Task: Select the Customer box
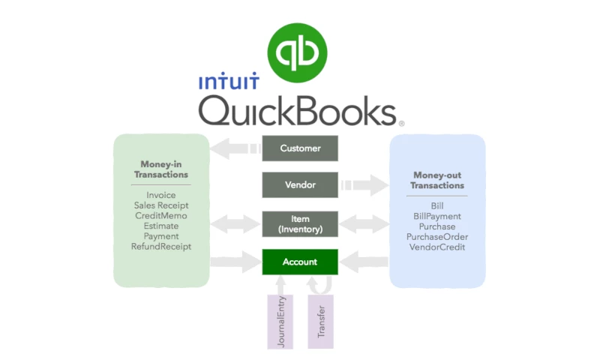pos(300,148)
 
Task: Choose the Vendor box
pos(300,184)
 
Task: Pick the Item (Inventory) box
pos(300,223)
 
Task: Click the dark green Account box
pos(300,262)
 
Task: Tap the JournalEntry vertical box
pos(278,322)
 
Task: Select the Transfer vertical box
pos(321,322)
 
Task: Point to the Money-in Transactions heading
pos(160,169)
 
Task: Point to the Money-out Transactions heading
pos(438,180)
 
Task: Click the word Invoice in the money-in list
pos(161,195)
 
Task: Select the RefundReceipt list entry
pos(161,247)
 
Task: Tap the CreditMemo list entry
pos(161,215)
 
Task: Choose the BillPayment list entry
pos(438,216)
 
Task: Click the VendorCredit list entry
pos(438,247)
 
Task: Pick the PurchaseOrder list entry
pos(438,236)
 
